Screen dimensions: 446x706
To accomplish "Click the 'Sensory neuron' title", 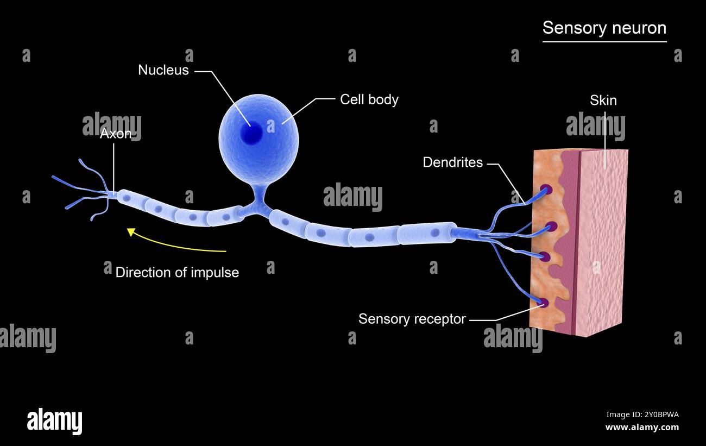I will pyautogui.click(x=604, y=28).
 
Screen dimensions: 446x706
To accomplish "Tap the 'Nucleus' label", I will pyautogui.click(x=163, y=70).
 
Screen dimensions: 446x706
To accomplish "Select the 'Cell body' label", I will pyautogui.click(x=369, y=99).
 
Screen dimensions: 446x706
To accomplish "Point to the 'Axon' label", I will pyautogui.click(x=115, y=134).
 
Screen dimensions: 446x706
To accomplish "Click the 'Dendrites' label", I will pyautogui.click(x=452, y=162).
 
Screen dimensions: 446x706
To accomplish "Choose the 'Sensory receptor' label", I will pyautogui.click(x=412, y=319).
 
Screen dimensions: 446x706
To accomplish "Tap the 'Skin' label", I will pyautogui.click(x=603, y=100).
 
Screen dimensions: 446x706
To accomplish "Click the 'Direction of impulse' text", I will pyautogui.click(x=177, y=272).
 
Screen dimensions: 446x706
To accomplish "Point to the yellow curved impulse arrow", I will pyautogui.click(x=174, y=244).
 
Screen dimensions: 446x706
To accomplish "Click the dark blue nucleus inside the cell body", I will pyautogui.click(x=251, y=133).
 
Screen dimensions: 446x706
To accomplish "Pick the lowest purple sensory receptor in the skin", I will pyautogui.click(x=544, y=303).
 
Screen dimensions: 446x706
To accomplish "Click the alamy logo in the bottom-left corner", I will pyautogui.click(x=54, y=422).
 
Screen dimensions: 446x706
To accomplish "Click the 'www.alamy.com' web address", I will pyautogui.click(x=642, y=428).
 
